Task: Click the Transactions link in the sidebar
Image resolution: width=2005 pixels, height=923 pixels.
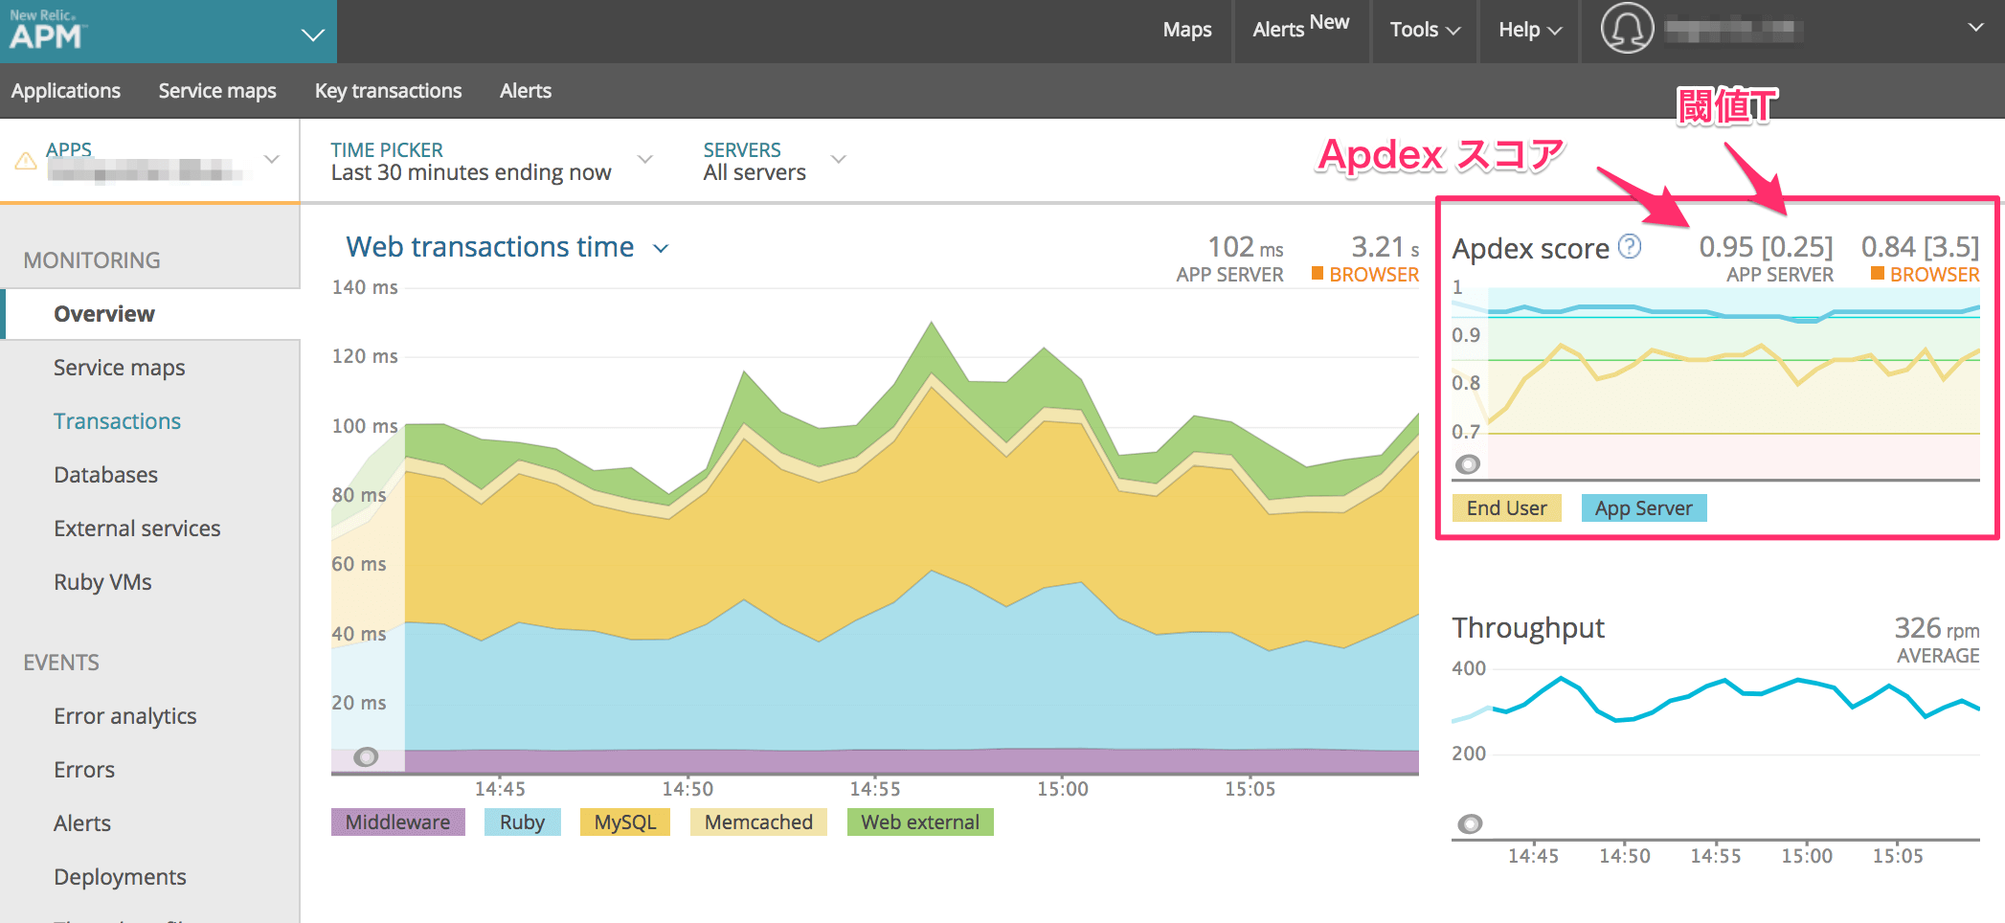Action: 117,421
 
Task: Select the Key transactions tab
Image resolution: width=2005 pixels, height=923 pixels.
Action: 388,91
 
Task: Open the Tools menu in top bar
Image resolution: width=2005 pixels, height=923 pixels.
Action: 1425,30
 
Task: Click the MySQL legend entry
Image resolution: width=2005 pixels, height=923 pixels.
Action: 624,822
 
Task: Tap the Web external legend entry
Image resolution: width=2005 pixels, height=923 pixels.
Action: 919,822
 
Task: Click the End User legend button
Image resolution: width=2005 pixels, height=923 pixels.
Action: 1506,508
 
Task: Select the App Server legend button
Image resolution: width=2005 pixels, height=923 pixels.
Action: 1643,508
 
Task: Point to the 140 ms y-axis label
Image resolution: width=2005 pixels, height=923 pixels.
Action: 365,287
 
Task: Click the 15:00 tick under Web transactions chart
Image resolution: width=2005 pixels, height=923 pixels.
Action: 1062,789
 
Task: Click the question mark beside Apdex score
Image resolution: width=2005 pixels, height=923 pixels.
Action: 1630,247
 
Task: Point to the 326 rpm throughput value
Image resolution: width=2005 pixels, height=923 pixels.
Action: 1935,628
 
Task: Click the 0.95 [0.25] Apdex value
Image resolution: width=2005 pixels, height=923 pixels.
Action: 1766,247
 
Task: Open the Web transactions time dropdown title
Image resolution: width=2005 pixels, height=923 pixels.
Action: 506,247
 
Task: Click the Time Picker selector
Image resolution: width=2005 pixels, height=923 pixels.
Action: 488,161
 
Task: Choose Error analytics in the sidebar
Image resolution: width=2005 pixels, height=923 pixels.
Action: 124,716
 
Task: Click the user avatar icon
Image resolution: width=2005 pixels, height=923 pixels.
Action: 1627,29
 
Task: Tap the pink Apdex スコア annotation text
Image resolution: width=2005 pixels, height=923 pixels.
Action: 1440,154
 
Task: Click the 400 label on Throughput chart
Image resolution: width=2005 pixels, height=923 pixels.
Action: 1469,668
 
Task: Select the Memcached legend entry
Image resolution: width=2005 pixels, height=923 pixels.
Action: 757,822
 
